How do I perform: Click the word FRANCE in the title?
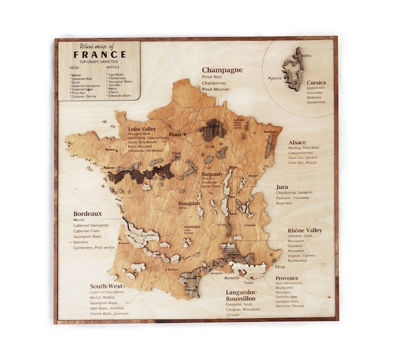click(99, 54)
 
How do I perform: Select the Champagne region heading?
click(222, 70)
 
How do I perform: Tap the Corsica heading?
click(317, 82)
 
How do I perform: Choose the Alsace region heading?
click(296, 142)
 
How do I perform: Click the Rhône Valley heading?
click(305, 230)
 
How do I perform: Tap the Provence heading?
click(286, 278)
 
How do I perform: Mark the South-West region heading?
click(106, 286)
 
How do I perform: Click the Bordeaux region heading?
click(87, 213)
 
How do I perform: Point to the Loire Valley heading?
click(142, 129)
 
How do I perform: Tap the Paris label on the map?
click(175, 135)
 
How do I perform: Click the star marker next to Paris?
click(185, 135)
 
